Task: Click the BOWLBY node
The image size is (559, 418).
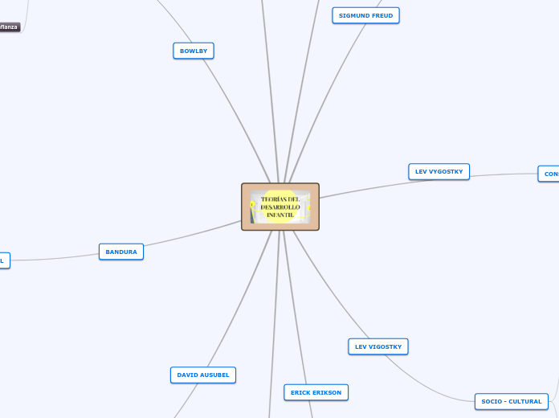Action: pos(194,51)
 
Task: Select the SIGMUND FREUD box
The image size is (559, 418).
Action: pos(365,15)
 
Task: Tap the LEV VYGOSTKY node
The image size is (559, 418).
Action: pos(439,171)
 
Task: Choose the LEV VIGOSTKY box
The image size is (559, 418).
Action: pos(378,346)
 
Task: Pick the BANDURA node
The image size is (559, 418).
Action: pos(121,252)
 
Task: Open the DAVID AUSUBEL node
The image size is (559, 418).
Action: pos(203,375)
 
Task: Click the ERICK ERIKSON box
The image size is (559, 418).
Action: pos(316,392)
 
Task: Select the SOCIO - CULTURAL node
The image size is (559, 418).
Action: pos(512,401)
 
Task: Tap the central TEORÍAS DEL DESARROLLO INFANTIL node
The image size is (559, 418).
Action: pos(280,207)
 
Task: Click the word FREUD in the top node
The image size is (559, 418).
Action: pos(381,15)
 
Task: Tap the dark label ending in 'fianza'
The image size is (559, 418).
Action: pos(9,27)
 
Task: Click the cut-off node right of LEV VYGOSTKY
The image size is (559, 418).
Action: pos(549,174)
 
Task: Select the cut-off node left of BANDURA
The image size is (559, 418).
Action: pos(3,260)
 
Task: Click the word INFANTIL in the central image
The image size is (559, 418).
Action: pos(280,215)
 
